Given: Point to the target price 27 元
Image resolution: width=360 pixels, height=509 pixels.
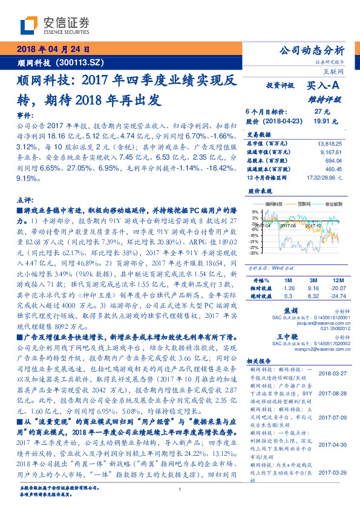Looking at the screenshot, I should (322, 111).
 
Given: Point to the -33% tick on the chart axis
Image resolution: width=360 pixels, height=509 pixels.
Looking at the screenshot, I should (254, 253).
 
